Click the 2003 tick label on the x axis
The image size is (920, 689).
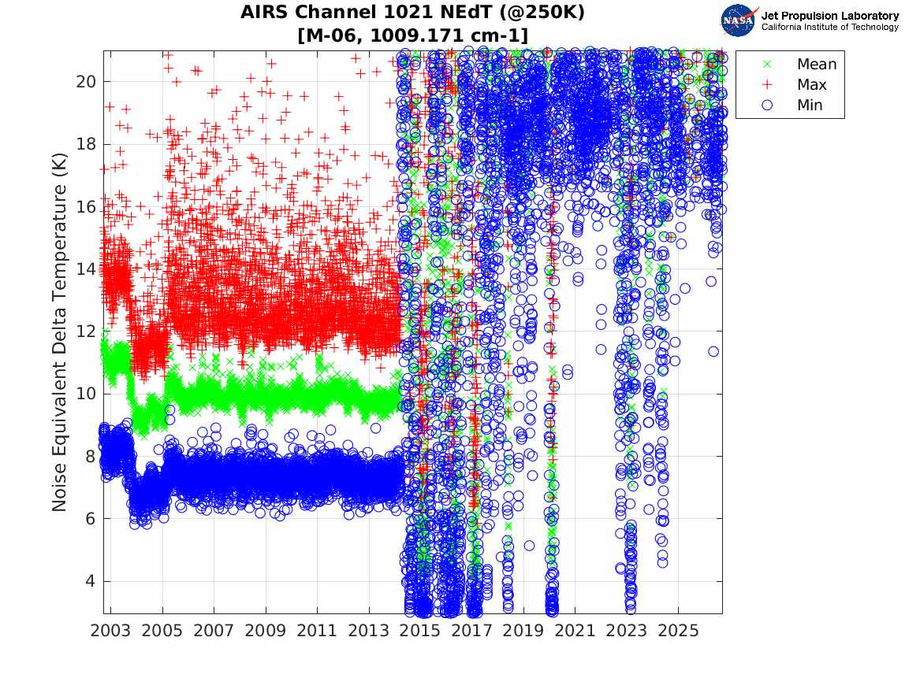pyautogui.click(x=110, y=631)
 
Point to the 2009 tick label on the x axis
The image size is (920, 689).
pyautogui.click(x=266, y=631)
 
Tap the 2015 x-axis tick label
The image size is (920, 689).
pyautogui.click(x=421, y=631)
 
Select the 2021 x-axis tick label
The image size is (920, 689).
pyautogui.click(x=575, y=631)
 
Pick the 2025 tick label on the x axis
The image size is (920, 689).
pyautogui.click(x=679, y=631)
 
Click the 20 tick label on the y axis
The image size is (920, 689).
pyautogui.click(x=86, y=81)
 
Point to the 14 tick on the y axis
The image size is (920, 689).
pyautogui.click(x=86, y=269)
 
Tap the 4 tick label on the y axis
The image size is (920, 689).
pyautogui.click(x=91, y=581)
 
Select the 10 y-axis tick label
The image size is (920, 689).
pyautogui.click(x=86, y=394)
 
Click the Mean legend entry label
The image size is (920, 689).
pyautogui.click(x=817, y=64)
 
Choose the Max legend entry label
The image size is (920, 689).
pyautogui.click(x=812, y=85)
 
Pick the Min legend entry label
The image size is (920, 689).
pyautogui.click(x=810, y=106)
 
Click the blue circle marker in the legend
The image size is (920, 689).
pyautogui.click(x=767, y=106)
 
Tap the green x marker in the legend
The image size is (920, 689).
pyautogui.click(x=767, y=64)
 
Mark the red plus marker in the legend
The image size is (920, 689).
pyautogui.click(x=767, y=85)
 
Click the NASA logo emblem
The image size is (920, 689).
pyautogui.click(x=739, y=20)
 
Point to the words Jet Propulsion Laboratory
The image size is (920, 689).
pyautogui.click(x=830, y=16)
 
